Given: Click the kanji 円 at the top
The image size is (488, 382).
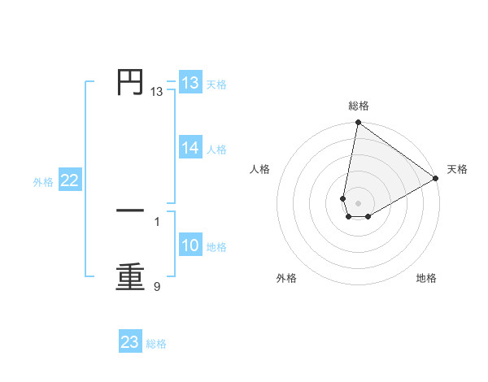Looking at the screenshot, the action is [x=130, y=81].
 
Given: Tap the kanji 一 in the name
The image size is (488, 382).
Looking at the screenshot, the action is [x=130, y=211].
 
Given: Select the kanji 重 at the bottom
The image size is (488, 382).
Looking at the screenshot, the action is [x=130, y=276].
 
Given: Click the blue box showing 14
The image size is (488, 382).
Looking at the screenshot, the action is [x=190, y=148].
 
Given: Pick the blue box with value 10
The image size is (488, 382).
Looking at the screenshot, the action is [x=190, y=245].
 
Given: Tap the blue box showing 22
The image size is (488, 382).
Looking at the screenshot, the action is [x=69, y=180].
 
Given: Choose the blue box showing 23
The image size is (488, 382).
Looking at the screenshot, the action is [x=130, y=342].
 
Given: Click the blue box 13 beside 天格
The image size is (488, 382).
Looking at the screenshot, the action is [x=190, y=83].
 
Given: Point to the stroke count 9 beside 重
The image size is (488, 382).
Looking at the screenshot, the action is [x=157, y=286].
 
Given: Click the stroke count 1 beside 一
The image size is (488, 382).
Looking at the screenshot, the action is [x=157, y=221].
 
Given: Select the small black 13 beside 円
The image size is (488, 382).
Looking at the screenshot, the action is [x=156, y=92].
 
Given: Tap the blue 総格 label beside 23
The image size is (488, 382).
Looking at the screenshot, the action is [x=156, y=344].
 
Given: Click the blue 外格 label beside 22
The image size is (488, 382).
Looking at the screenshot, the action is [x=43, y=182].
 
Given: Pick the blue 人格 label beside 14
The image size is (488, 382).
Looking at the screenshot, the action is [x=216, y=150].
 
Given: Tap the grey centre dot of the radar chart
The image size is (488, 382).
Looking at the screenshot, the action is [x=358, y=203].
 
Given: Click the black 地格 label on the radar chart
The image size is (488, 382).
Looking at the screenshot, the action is [x=426, y=279].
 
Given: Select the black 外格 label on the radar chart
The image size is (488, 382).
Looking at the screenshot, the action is [x=286, y=279].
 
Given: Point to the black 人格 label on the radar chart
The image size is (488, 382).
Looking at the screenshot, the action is [x=260, y=169].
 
